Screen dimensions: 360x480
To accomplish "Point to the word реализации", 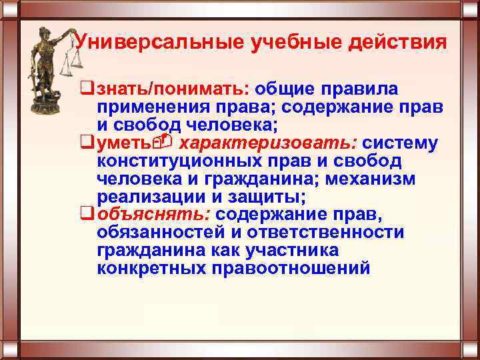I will (153, 197).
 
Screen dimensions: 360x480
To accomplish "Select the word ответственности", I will (325, 233).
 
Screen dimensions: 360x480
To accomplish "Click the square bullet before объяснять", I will (84, 215).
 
